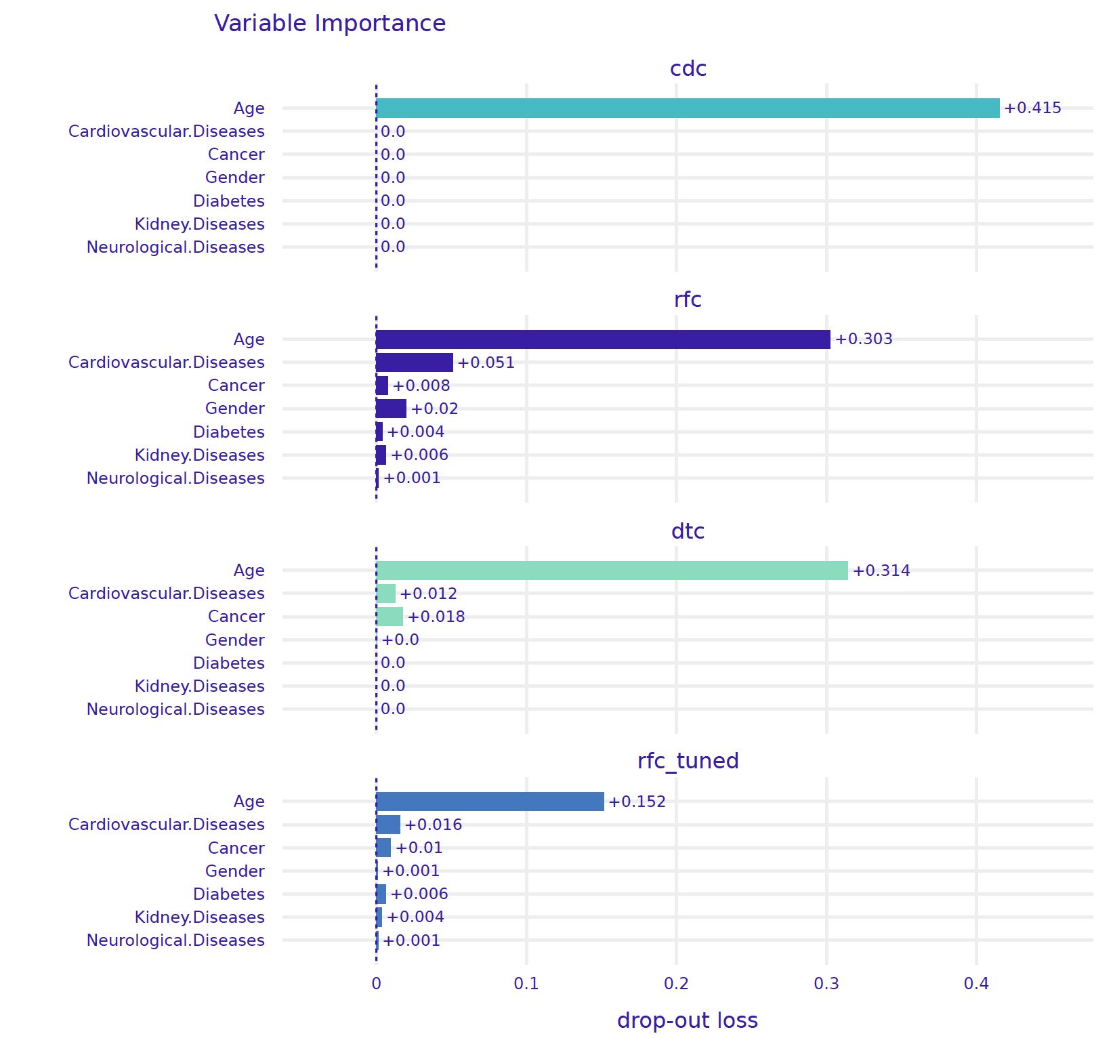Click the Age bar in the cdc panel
[x=688, y=108]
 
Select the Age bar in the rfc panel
[x=603, y=339]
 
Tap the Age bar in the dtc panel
[x=612, y=570]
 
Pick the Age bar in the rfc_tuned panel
[x=490, y=802]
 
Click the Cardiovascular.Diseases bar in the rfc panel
[x=415, y=362]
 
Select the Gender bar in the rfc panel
[x=392, y=409]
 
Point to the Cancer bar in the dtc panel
[x=390, y=617]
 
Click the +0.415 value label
[x=1032, y=108]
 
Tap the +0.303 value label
[x=864, y=339]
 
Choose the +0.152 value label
[x=637, y=802]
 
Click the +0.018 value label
[x=436, y=617]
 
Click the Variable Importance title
[x=330, y=24]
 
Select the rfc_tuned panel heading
[x=688, y=761]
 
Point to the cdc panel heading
[x=688, y=68]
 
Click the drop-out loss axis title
[x=687, y=1020]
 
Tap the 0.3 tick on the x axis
[x=826, y=984]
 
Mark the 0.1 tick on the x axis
[x=526, y=984]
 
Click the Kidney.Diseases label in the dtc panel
[x=200, y=686]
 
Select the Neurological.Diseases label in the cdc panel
[x=175, y=247]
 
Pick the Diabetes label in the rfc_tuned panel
[x=229, y=894]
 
